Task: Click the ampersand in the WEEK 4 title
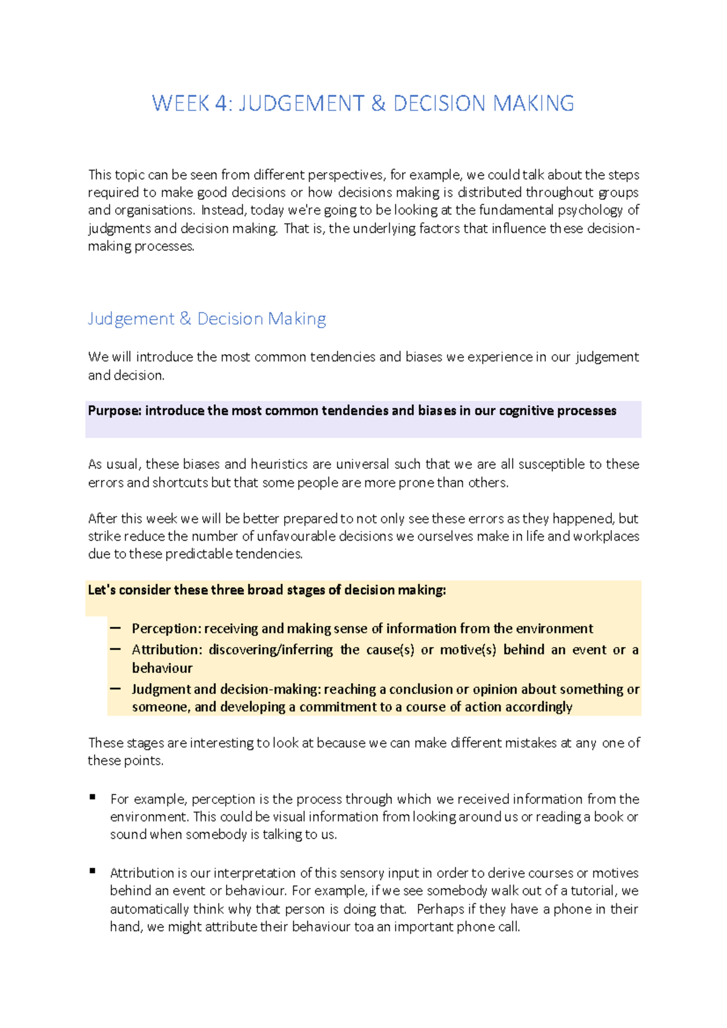click(378, 104)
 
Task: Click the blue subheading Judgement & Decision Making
click(207, 318)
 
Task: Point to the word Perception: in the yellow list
click(166, 628)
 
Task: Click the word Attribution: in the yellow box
click(167, 650)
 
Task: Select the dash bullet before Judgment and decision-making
click(115, 688)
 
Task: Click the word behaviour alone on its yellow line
click(162, 668)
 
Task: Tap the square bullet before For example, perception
click(93, 797)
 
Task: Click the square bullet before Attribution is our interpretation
click(93, 871)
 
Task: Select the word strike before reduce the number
click(104, 536)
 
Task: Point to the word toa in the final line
click(363, 927)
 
